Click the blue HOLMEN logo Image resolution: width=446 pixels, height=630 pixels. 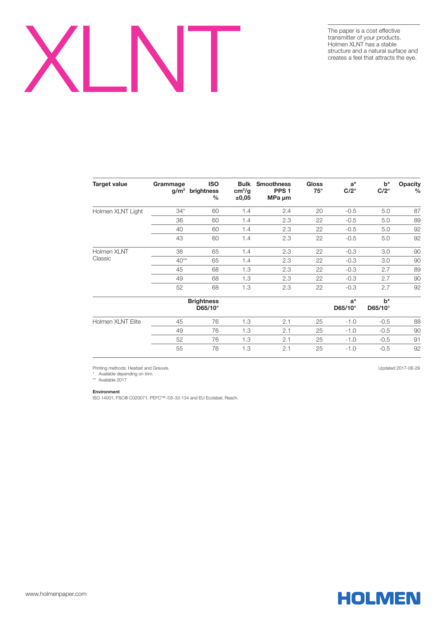coord(379,598)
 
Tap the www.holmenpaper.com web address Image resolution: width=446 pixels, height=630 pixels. coord(56,594)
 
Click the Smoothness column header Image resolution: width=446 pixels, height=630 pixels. coord(273,191)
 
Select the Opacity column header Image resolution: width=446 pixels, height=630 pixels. coord(409,187)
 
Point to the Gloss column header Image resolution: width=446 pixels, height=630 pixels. coord(314,187)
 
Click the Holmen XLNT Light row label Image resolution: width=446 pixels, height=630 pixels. coord(118,211)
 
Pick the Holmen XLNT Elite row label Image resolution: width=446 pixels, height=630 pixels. coord(116,321)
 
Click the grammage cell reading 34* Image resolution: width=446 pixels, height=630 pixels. coord(180,211)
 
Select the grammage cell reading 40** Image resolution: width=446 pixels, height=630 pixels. coord(181,260)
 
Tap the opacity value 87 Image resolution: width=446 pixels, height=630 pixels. coord(417,211)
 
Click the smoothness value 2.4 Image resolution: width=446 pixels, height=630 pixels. coord(286,211)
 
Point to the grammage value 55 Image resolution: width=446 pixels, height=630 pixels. coord(179,348)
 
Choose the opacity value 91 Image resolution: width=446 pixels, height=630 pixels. coord(417,339)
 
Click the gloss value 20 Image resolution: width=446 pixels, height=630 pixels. coord(319,211)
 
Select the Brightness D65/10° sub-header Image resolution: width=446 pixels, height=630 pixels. coord(203,304)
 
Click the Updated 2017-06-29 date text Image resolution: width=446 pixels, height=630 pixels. coord(399,368)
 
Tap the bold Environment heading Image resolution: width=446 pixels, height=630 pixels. coord(106,392)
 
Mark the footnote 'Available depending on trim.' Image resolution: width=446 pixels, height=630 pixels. coord(125,374)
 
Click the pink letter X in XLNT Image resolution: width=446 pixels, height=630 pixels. coord(51,59)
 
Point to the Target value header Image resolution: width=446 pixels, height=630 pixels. coord(110,184)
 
